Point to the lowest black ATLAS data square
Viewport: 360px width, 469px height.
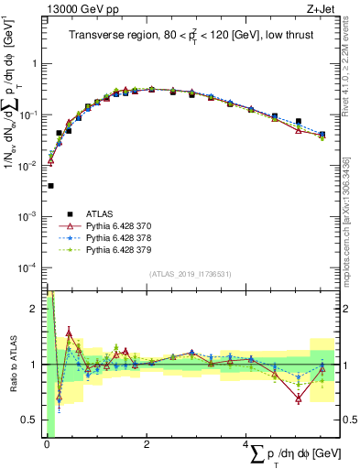point(50,186)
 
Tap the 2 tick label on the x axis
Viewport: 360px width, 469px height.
point(147,444)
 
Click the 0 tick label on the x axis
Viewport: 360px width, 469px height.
point(47,444)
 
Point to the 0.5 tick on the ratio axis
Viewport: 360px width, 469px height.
point(32,420)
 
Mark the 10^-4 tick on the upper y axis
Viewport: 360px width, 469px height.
point(28,267)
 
